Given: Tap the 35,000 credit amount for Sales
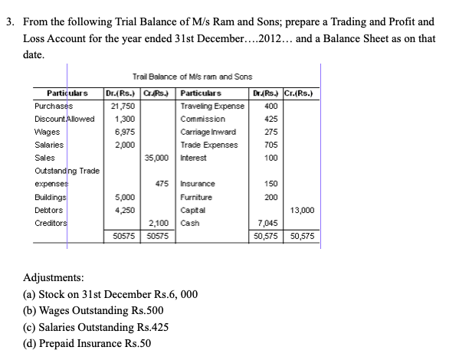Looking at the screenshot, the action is click(159, 157).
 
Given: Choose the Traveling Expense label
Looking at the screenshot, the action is click(211, 106).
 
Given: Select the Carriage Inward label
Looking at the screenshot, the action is click(208, 132).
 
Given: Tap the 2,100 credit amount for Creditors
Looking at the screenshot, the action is click(161, 222).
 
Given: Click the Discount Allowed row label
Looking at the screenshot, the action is click(64, 119).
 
